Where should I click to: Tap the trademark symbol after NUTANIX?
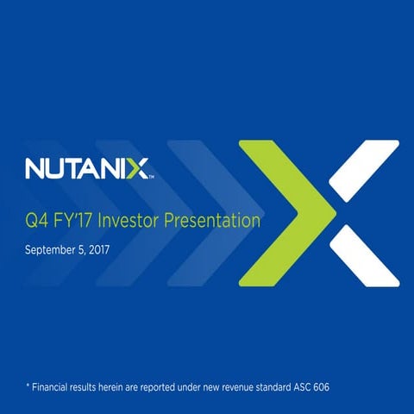point(153,176)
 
